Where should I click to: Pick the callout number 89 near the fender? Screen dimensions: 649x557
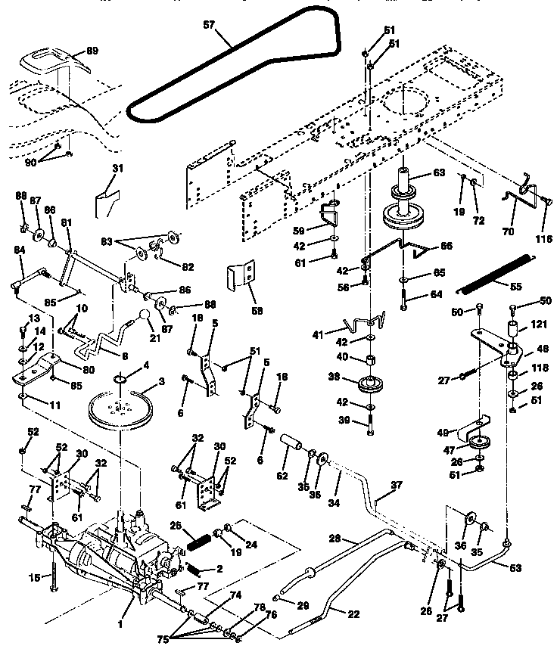point(92,51)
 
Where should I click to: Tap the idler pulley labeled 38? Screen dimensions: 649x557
point(369,384)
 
